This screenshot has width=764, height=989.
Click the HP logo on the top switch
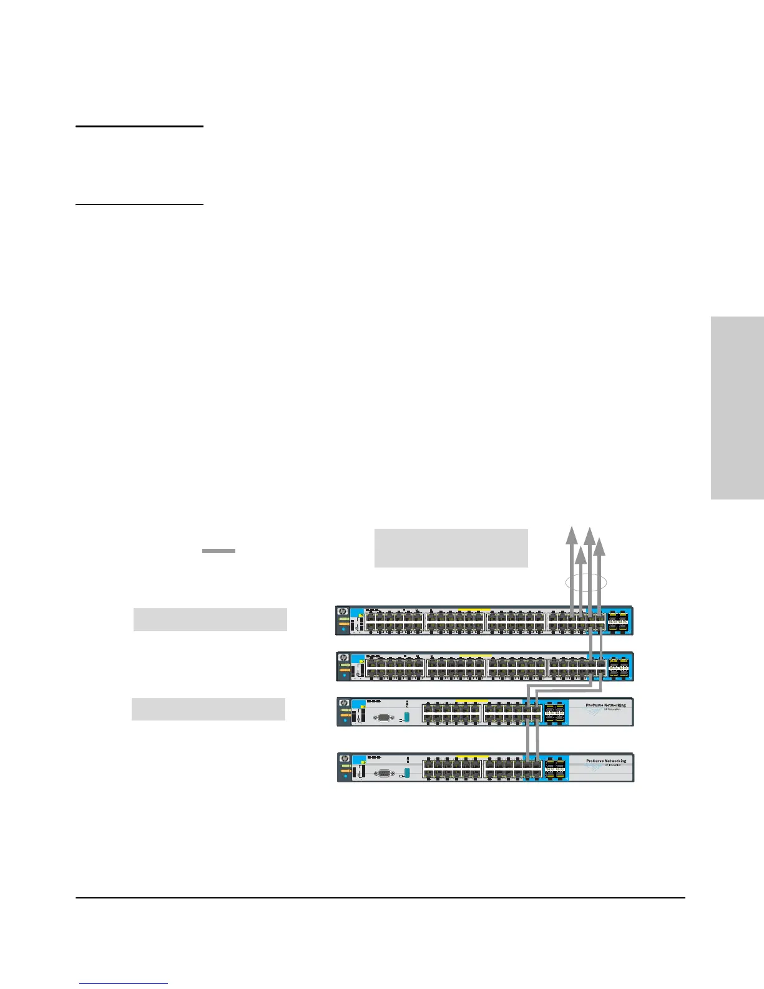point(343,612)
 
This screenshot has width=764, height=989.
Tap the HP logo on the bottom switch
point(344,759)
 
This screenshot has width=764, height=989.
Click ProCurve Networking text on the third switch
point(605,706)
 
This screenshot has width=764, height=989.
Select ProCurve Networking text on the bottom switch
point(606,761)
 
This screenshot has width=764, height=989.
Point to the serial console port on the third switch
point(383,718)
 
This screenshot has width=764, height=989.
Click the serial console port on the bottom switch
point(384,773)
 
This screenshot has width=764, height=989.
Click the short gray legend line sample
point(218,551)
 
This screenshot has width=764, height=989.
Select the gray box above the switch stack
point(451,548)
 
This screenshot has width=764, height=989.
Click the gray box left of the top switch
point(210,619)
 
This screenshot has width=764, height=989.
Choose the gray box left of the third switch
point(208,709)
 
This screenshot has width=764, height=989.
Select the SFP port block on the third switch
point(555,712)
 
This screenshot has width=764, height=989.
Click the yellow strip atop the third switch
point(472,701)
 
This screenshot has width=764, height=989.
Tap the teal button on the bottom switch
point(407,773)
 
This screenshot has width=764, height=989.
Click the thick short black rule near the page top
point(139,126)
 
